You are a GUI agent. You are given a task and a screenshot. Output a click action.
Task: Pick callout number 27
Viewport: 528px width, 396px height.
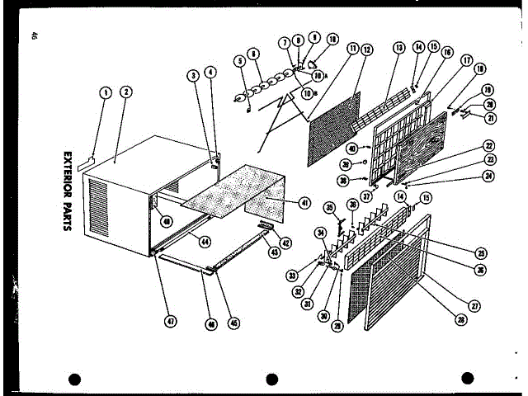pyautogui.click(x=475, y=305)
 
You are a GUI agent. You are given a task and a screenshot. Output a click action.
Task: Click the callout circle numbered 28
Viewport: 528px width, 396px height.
pyautogui.click(x=452, y=318)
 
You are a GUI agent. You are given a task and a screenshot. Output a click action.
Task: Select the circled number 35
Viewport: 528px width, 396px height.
pyautogui.click(x=328, y=207)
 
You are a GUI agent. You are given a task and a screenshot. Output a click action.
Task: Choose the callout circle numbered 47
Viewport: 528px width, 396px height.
pyautogui.click(x=172, y=322)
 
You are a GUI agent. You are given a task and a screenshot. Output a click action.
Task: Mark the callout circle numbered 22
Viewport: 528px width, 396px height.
pyautogui.click(x=488, y=145)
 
